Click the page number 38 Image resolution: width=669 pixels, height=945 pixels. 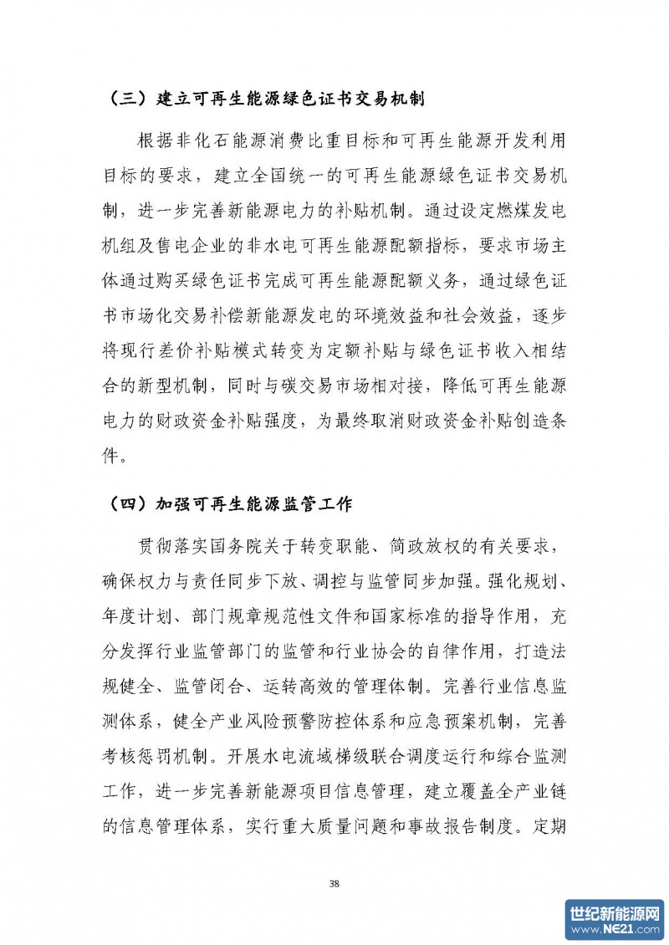pyautogui.click(x=334, y=883)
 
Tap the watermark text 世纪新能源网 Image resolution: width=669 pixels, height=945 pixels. pyautogui.click(x=615, y=911)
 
